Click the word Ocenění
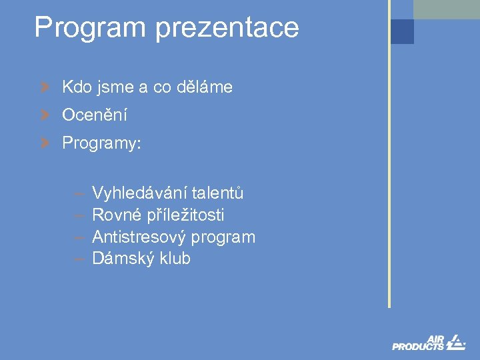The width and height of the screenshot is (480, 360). [94, 115]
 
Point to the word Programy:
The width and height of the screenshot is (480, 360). [101, 144]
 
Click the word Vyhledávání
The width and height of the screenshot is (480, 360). [139, 193]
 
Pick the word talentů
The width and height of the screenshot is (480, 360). [218, 193]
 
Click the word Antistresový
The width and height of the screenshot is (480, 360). [139, 237]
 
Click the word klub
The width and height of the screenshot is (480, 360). [175, 259]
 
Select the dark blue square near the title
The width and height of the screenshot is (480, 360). [402, 31]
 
